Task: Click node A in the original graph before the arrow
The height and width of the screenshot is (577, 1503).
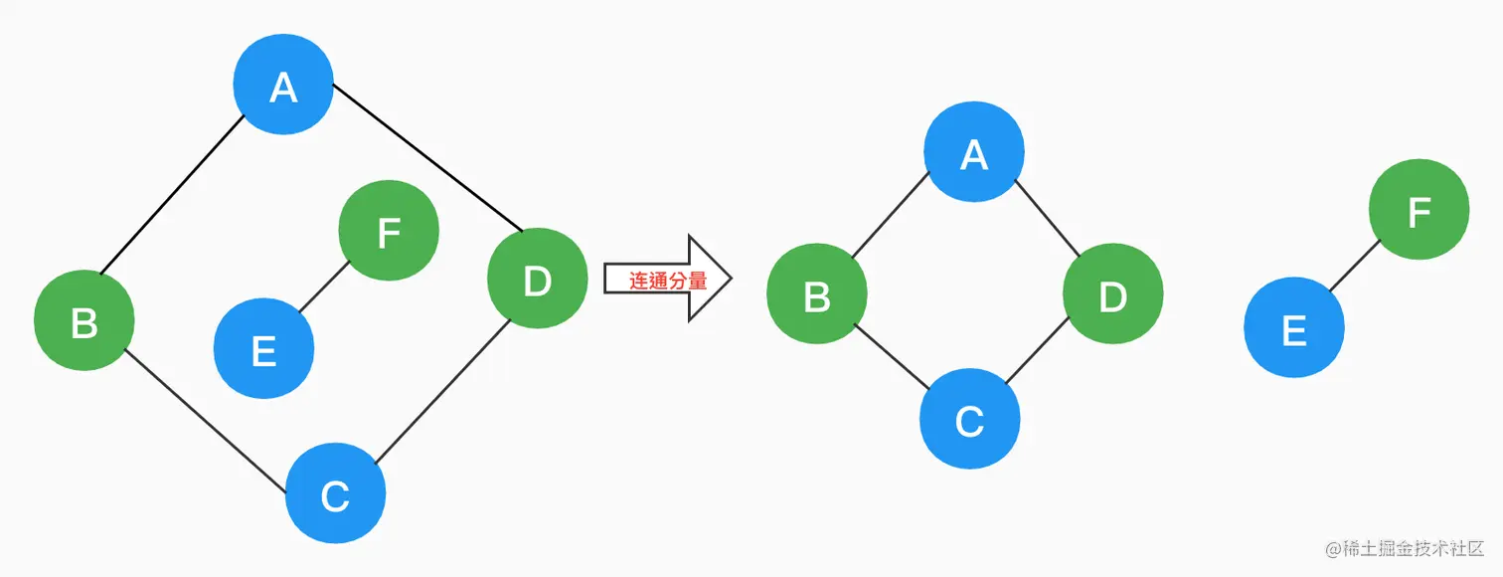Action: [x=283, y=88]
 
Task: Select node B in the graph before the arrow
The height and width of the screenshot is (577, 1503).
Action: [x=84, y=321]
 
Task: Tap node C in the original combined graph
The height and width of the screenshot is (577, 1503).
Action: [x=335, y=493]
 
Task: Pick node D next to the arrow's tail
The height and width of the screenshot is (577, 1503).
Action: [x=537, y=281]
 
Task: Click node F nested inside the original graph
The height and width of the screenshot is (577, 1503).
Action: [x=389, y=232]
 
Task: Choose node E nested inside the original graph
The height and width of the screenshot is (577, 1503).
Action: [x=263, y=349]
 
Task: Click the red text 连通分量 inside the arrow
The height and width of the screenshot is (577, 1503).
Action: [x=667, y=282]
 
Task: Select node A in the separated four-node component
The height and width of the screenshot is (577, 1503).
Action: [x=973, y=152]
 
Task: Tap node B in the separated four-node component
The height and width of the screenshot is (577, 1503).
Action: [x=817, y=295]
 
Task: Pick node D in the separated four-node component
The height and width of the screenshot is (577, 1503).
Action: [x=1112, y=295]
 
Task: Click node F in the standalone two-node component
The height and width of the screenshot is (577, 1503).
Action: [x=1419, y=211]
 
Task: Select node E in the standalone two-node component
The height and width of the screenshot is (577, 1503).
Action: [x=1294, y=328]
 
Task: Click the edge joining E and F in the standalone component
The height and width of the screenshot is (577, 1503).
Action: [x=1354, y=267]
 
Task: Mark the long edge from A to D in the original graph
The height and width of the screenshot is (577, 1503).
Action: [x=427, y=157]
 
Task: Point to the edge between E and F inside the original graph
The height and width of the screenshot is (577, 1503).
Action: [x=324, y=288]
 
